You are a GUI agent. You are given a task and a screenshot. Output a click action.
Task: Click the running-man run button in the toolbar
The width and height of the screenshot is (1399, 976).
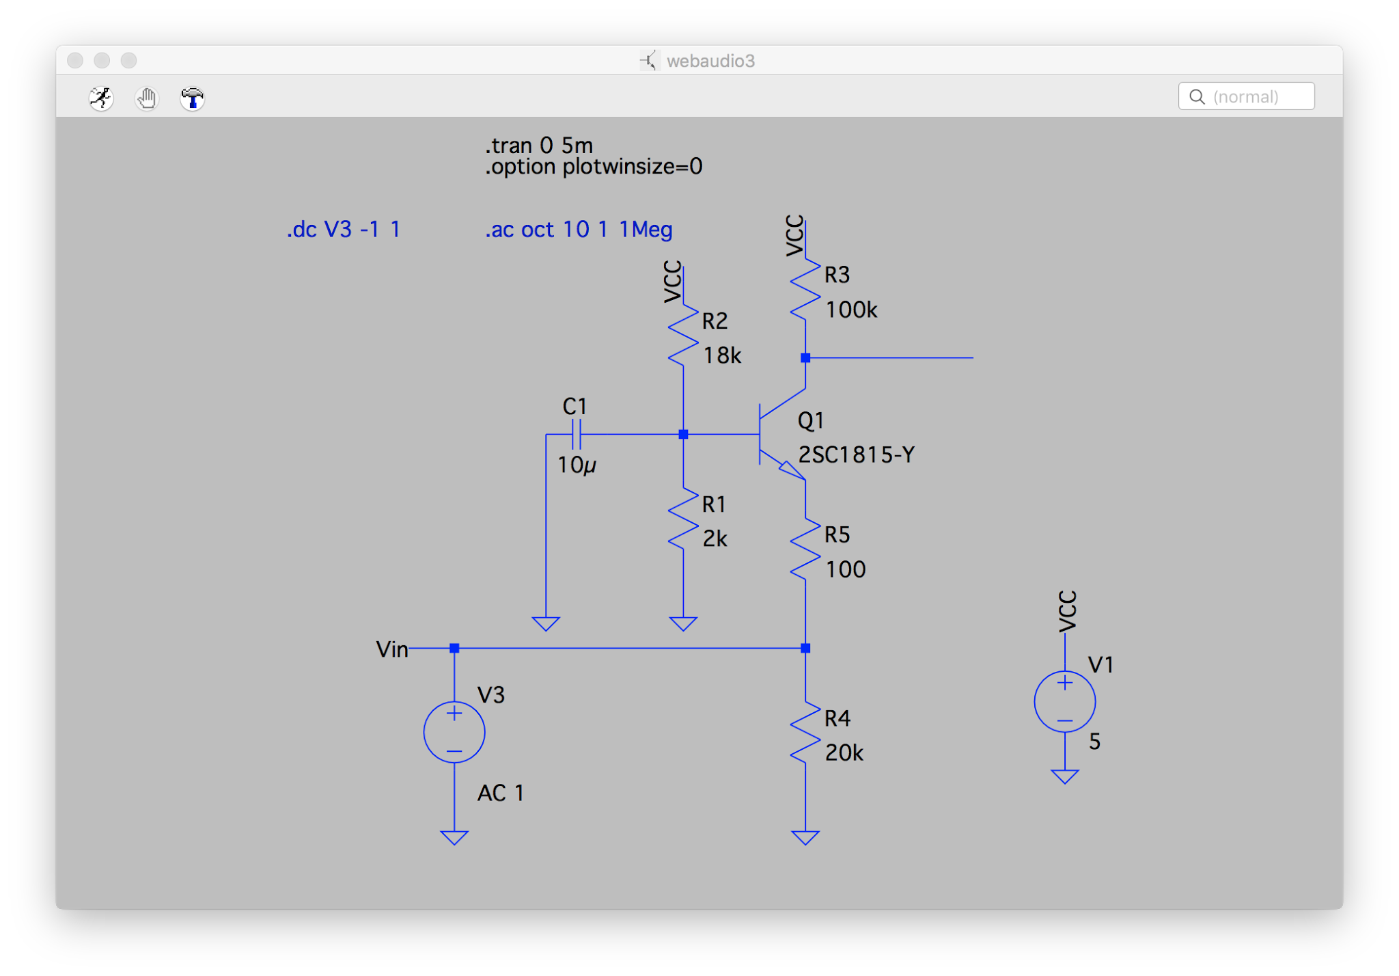point(101,98)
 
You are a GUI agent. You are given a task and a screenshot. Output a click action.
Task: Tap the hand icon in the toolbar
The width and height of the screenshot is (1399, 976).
point(146,98)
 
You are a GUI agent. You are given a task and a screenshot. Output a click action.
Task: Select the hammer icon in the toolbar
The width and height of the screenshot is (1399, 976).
point(192,98)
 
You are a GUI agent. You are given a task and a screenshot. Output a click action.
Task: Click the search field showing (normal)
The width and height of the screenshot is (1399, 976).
point(1246,96)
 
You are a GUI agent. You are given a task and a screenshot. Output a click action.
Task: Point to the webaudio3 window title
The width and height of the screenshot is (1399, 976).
point(710,61)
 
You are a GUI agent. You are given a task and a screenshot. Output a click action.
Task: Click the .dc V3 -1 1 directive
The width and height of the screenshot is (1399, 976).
point(343,230)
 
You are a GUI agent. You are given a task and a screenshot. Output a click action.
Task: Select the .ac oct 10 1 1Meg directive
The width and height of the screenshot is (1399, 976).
point(578,230)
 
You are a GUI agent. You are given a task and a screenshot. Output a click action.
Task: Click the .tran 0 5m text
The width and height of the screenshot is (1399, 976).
point(538,146)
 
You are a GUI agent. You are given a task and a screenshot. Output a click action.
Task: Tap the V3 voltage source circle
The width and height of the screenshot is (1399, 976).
point(454,732)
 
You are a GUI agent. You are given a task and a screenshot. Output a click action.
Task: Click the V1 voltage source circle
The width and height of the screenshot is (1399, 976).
point(1064,702)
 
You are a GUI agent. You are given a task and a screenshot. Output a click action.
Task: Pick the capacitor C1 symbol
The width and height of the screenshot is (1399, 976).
point(576,434)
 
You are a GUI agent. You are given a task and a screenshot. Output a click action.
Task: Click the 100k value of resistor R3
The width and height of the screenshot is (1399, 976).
point(850,310)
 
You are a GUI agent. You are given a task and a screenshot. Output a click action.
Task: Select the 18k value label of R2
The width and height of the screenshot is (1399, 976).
point(721,355)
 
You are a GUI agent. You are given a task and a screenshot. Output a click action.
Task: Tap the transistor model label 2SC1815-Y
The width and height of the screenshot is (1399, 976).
point(856,455)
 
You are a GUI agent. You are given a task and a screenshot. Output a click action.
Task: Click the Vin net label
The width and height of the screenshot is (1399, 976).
point(391,649)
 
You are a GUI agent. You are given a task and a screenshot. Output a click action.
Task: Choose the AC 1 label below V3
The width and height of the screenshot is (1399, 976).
point(500,793)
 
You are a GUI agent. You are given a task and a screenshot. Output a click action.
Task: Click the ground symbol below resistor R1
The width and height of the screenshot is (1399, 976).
point(683,623)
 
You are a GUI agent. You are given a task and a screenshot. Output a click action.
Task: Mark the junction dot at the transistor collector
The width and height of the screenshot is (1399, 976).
point(805,357)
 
